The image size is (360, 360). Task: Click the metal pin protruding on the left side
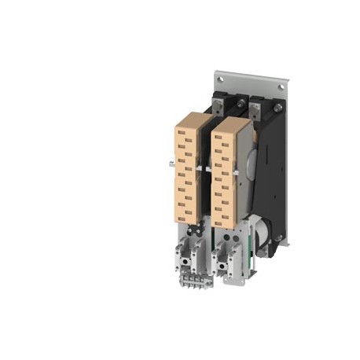click(x=170, y=163)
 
